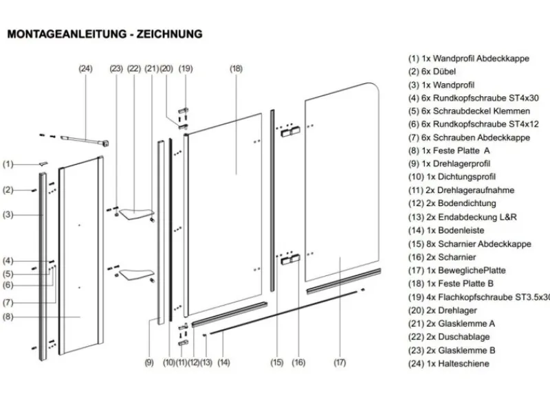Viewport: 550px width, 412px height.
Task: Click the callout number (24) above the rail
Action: pyautogui.click(x=85, y=68)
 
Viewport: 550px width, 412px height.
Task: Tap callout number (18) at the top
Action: pyautogui.click(x=236, y=68)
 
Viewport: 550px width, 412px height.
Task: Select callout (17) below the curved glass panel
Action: pyautogui.click(x=339, y=362)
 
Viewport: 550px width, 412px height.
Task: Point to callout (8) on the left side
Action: pyautogui.click(x=8, y=317)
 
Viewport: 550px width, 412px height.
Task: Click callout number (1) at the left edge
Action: pyautogui.click(x=8, y=164)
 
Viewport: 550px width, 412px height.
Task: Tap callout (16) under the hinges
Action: pyautogui.click(x=298, y=362)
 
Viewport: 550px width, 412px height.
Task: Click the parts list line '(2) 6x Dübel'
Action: pyautogui.click(x=431, y=72)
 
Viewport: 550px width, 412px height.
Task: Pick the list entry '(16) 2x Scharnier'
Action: pyautogui.click(x=450, y=257)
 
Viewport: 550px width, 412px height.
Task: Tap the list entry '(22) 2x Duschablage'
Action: pyautogui.click(x=454, y=336)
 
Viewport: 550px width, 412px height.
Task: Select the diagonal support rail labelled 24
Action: pyautogui.click(x=86, y=141)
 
